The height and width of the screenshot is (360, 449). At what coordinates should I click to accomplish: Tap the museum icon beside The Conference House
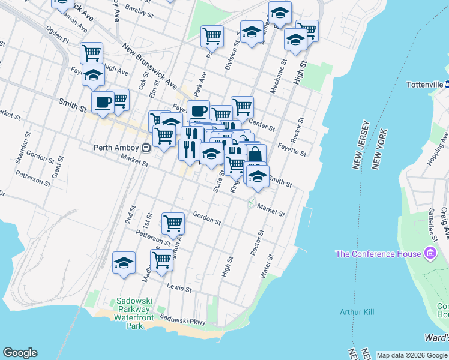[x=430, y=253]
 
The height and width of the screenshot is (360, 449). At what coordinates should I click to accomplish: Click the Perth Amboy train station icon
[x=146, y=148]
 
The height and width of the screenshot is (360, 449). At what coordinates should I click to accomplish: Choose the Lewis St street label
[x=179, y=288]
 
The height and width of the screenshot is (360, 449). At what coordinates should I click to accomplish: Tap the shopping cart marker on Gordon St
[x=173, y=224]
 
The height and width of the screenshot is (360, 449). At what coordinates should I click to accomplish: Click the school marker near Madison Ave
[x=124, y=263]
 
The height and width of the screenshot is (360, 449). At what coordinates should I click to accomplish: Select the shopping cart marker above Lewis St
[x=161, y=261]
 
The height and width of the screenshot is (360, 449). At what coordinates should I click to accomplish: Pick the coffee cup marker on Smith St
[x=103, y=102]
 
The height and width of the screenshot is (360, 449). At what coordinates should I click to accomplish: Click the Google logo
[x=20, y=353]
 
